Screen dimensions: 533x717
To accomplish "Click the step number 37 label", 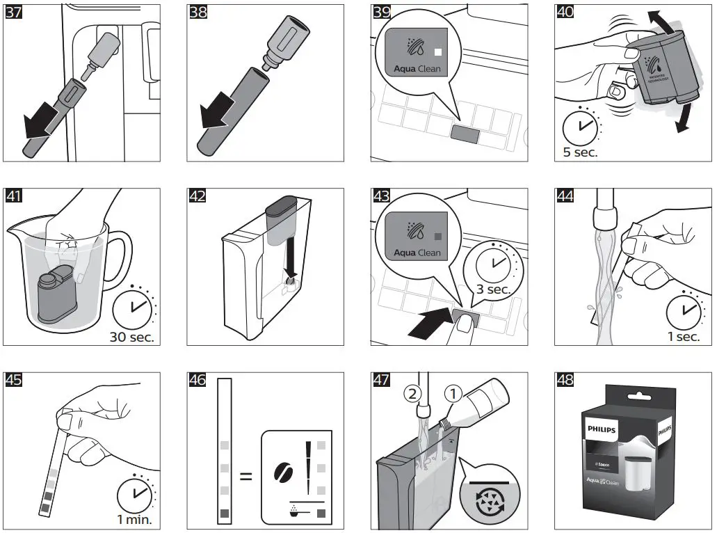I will click(13, 13).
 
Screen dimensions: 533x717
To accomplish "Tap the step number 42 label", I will click(197, 196).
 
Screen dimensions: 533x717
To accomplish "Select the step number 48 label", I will click(565, 380).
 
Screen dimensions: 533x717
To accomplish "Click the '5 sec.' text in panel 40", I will click(580, 152).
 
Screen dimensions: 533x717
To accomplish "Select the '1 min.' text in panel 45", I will click(134, 519).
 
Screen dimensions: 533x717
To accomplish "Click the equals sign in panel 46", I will click(245, 477).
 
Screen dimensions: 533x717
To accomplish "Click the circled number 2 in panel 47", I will click(412, 394).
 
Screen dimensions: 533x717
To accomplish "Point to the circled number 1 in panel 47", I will click(454, 393).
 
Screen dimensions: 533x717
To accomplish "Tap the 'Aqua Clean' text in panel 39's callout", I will click(417, 70).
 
